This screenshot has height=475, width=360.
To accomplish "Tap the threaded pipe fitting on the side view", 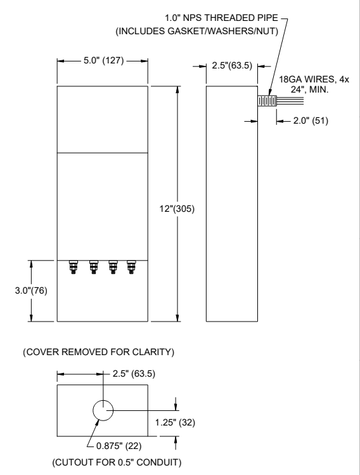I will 267,101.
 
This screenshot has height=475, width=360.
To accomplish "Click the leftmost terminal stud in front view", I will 75,267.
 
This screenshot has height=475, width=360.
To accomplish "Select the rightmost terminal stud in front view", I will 131,267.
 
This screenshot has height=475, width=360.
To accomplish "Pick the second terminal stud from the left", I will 94,267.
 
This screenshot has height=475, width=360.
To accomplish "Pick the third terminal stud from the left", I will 113,267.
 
